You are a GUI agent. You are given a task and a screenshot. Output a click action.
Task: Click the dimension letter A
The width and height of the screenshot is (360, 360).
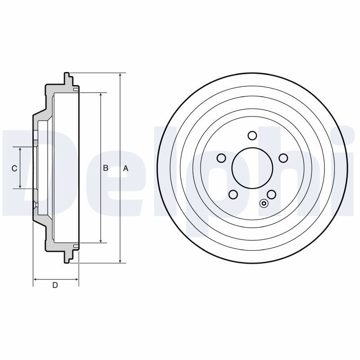point(126,168)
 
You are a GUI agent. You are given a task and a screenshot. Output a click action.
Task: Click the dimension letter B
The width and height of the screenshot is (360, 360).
point(106,168)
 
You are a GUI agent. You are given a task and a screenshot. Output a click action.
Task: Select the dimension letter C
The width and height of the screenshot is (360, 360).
point(14,168)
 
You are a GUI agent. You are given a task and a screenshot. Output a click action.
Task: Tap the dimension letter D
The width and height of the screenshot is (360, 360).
point(55,285)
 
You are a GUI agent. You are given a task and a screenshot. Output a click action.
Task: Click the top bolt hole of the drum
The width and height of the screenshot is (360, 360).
point(252,135)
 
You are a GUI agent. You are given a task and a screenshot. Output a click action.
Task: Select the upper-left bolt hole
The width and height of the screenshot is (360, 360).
point(221,158)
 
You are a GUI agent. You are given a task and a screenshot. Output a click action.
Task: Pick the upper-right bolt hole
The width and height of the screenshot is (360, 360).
point(283,158)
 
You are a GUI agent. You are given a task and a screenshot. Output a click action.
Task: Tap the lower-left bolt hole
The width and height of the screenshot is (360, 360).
point(233,194)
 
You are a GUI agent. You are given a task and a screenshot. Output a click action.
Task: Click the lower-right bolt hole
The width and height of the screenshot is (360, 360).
point(271,194)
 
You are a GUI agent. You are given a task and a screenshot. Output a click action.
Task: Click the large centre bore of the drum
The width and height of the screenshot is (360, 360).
point(252,168)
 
